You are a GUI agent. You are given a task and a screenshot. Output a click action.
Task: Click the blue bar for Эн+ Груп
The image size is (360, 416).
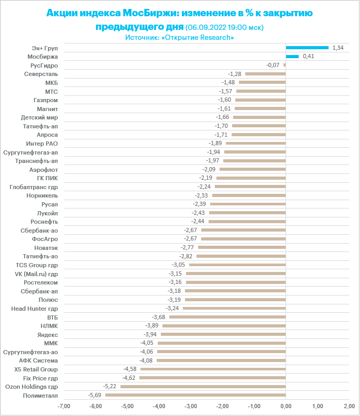pyautogui.click(x=307, y=48)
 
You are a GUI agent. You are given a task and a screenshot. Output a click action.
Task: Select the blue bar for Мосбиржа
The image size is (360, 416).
pyautogui.click(x=292, y=57)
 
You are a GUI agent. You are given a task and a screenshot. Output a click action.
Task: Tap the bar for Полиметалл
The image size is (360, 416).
pyautogui.click(x=195, y=395)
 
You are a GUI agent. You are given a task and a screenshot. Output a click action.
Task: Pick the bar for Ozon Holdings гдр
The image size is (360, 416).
pyautogui.click(x=203, y=387)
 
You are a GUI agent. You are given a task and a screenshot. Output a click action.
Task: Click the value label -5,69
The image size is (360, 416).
pyautogui.click(x=96, y=395)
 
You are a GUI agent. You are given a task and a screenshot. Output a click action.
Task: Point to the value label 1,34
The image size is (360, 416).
pyautogui.click(x=338, y=48)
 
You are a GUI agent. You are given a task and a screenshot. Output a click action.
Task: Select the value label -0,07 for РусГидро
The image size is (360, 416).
pyautogui.click(x=273, y=65)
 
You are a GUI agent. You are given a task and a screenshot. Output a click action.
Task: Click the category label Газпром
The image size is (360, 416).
pyautogui.click(x=46, y=100)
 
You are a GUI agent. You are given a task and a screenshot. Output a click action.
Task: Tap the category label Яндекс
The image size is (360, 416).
pyautogui.click(x=48, y=334)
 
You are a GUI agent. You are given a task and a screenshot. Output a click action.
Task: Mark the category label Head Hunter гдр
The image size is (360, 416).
pyautogui.click(x=35, y=309)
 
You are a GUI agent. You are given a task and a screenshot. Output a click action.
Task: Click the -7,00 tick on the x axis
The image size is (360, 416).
pyautogui.click(x=63, y=406)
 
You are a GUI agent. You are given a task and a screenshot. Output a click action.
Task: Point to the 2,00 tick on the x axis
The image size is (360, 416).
pyautogui.click(x=349, y=406)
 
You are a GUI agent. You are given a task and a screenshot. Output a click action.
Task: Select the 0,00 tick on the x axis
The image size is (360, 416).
pyautogui.click(x=286, y=406)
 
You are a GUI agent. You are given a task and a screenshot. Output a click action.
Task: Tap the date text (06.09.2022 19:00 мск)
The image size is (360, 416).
pyautogui.click(x=224, y=27)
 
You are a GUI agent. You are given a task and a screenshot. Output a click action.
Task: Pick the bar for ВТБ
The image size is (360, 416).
pyautogui.click(x=227, y=317)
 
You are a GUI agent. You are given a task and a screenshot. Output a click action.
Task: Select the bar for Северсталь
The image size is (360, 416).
pyautogui.click(x=265, y=74)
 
